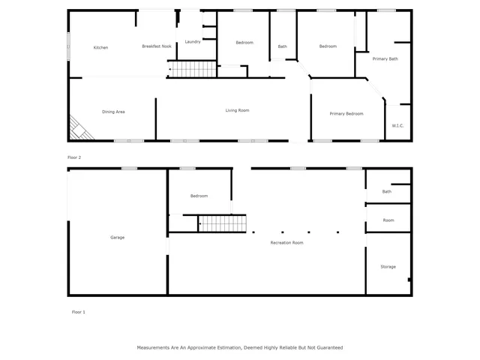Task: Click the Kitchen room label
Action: click(100, 47)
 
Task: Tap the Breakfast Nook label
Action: click(157, 46)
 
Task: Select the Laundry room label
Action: click(192, 41)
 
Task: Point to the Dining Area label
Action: click(113, 111)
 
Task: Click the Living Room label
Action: click(237, 110)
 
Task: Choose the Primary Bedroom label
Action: click(346, 113)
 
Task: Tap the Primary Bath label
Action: click(385, 58)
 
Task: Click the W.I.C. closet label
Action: click(397, 125)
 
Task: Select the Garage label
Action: click(117, 237)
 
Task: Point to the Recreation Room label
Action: click(287, 242)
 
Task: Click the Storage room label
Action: click(388, 266)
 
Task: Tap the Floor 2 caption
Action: click(74, 157)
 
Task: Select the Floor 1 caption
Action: click(78, 311)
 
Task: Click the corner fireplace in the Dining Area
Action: click(79, 130)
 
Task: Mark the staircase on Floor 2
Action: click(190, 70)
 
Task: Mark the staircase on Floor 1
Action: click(222, 223)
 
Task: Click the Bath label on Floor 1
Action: click(386, 191)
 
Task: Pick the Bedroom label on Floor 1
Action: click(199, 196)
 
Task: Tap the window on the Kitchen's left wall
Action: click(68, 46)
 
